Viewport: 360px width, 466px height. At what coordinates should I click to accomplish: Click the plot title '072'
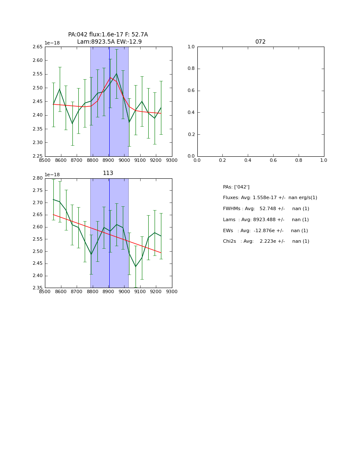tap(260, 42)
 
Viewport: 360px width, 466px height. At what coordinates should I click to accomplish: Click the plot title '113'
tap(108, 173)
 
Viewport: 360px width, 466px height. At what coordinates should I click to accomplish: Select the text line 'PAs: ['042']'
tap(236, 187)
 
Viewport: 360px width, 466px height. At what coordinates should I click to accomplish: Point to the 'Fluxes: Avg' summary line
tap(270, 198)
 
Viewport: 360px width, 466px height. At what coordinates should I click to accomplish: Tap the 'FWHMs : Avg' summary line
tap(266, 209)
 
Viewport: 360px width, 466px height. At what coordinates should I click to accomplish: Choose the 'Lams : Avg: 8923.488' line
tap(266, 220)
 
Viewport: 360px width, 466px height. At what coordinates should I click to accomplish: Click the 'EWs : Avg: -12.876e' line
tap(265, 231)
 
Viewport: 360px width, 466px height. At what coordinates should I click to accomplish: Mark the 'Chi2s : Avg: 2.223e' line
tap(266, 241)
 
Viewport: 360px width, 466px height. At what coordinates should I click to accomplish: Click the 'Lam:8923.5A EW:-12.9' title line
tap(109, 42)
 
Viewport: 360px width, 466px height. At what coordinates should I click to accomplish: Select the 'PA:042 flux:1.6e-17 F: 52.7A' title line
tap(108, 35)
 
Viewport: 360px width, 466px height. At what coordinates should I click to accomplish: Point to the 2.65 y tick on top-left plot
tap(38, 47)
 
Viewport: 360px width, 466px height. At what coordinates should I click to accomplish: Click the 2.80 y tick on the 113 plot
tap(38, 178)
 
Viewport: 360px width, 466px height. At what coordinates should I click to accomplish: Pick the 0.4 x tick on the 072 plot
tap(248, 160)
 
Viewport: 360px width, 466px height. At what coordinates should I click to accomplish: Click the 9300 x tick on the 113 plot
tap(172, 291)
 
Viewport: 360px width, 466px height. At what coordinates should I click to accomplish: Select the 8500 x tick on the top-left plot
tap(45, 160)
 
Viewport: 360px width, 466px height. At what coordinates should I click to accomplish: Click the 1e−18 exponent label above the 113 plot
tap(52, 175)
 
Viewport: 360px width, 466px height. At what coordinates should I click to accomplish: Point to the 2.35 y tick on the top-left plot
tap(38, 129)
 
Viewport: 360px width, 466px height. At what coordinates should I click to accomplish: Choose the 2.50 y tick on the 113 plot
tap(38, 252)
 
